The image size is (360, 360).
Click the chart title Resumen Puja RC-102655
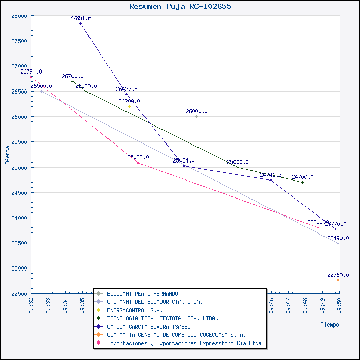[180, 7]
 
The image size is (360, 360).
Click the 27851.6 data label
[80, 19]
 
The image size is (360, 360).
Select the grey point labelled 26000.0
[196, 116]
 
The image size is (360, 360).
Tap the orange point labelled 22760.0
[338, 280]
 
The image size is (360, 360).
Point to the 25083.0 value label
[138, 157]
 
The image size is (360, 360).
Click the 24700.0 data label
[302, 177]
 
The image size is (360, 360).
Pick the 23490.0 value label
[338, 239]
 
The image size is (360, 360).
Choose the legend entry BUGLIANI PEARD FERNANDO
[142, 294]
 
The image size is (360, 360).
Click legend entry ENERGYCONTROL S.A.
[135, 310]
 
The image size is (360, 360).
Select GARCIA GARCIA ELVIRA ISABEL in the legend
[149, 327]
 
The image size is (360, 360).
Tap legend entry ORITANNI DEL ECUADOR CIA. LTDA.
[155, 302]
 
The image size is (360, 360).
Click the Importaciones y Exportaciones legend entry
[184, 343]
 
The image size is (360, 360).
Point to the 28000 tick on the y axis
[20, 16]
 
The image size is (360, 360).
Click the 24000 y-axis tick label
[20, 218]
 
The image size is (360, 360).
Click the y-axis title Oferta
[7, 154]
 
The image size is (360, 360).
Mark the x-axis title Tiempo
[330, 325]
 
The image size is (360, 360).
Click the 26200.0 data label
[129, 101]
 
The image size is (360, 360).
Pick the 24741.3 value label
[271, 175]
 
